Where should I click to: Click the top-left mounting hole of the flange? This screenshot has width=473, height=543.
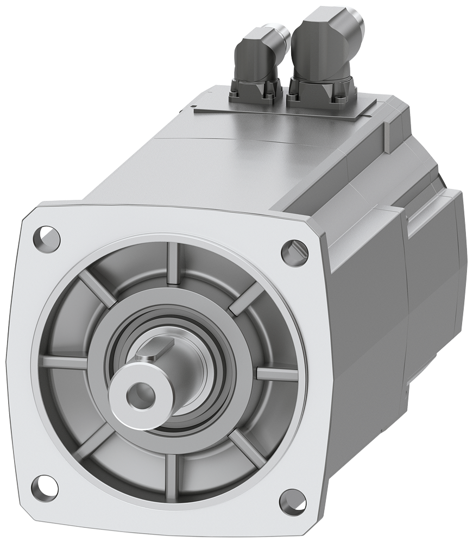pyautogui.click(x=48, y=236)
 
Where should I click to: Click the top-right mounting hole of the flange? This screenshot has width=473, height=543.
pyautogui.click(x=293, y=250)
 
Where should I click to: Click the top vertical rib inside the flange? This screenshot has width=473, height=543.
pyautogui.click(x=173, y=263)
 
